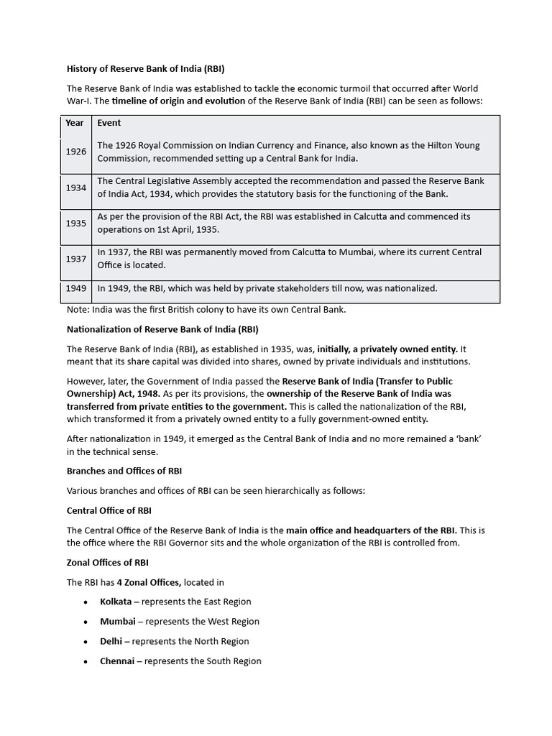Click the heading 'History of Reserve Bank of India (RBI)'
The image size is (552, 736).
(x=146, y=70)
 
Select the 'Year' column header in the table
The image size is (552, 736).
(x=75, y=123)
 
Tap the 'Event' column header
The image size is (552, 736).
(x=109, y=123)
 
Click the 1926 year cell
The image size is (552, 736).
(x=75, y=152)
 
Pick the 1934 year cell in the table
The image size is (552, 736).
(x=75, y=188)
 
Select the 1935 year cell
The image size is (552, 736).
(x=75, y=224)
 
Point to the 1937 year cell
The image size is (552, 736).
(x=75, y=259)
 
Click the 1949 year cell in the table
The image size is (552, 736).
(x=75, y=288)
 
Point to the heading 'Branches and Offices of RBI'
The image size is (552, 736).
(x=124, y=471)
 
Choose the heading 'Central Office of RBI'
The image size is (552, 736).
(x=109, y=510)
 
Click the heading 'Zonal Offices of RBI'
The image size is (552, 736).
(x=108, y=562)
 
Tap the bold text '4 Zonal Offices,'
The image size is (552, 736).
(x=149, y=582)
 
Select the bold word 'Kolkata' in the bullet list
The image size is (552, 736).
(x=116, y=602)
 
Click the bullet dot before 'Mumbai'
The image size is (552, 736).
(x=86, y=622)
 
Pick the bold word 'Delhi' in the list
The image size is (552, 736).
(x=111, y=641)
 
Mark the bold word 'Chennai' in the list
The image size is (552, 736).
(x=116, y=661)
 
